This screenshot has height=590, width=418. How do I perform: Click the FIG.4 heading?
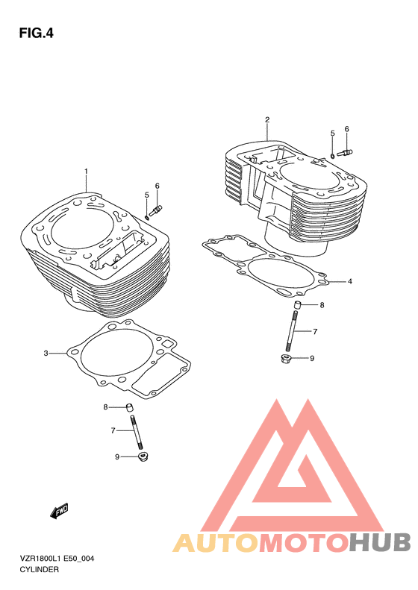36,34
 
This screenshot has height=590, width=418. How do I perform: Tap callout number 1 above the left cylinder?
86,172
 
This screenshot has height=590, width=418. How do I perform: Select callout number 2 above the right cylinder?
267,120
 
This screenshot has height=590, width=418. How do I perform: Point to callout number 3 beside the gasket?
46,354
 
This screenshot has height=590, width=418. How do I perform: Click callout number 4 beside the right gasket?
350,281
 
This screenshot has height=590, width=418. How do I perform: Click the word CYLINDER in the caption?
39,570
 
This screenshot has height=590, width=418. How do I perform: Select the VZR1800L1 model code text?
40,559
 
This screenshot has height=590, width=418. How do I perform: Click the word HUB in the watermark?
379,542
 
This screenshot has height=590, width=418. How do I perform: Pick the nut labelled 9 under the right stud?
287,358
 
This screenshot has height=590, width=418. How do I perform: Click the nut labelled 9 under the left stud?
143,457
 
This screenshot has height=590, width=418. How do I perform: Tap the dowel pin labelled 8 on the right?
298,304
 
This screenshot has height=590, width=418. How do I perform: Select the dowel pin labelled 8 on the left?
130,407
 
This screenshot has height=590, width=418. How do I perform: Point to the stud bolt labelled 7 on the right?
292,331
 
